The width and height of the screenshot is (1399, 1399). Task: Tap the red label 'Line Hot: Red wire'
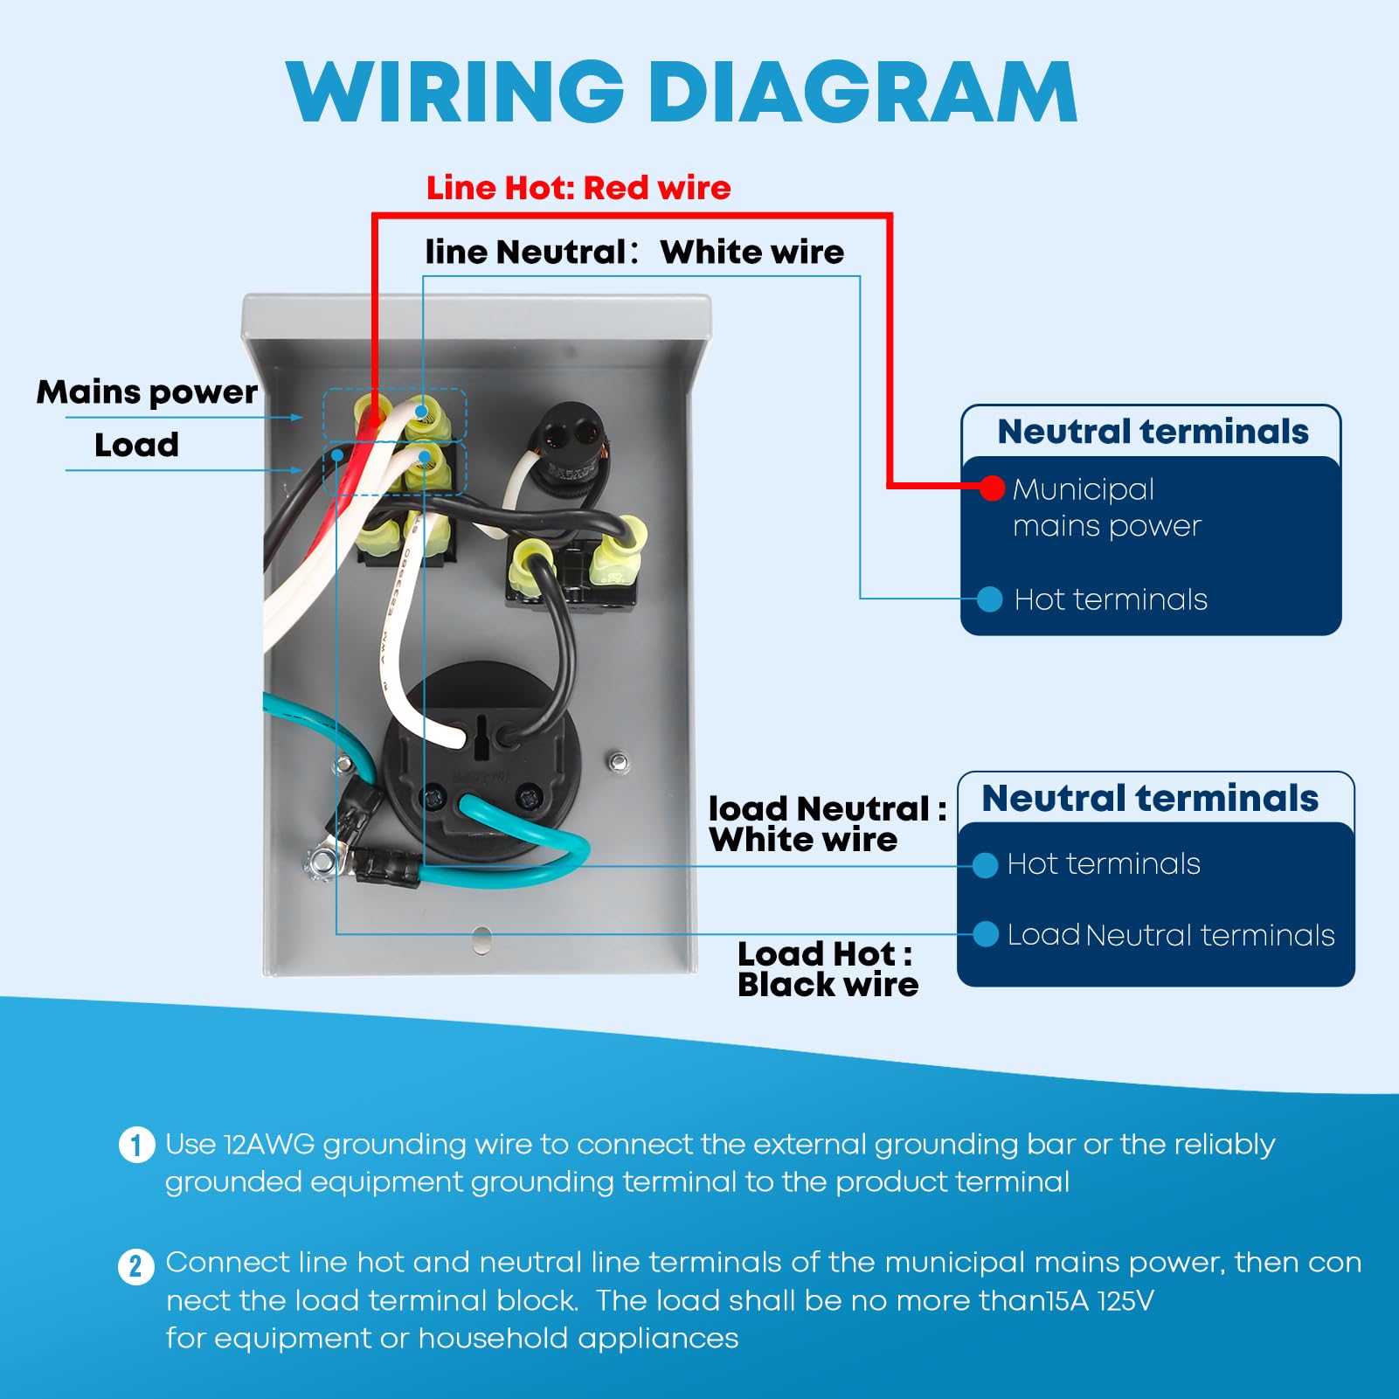click(x=578, y=188)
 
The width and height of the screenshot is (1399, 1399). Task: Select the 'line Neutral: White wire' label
click(x=634, y=252)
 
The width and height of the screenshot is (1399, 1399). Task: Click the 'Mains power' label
click(x=147, y=391)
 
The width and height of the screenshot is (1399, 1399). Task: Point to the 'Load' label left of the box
click(x=136, y=445)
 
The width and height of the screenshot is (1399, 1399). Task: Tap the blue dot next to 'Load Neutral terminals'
click(x=986, y=934)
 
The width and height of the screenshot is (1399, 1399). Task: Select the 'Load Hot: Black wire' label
click(x=827, y=968)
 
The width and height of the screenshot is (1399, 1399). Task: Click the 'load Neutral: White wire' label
click(x=826, y=823)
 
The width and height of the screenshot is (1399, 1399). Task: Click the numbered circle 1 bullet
click(x=136, y=1145)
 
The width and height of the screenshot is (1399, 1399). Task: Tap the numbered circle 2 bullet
click(x=136, y=1265)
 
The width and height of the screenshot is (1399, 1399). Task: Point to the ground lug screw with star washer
click(x=322, y=862)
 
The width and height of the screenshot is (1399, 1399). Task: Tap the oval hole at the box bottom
click(x=481, y=940)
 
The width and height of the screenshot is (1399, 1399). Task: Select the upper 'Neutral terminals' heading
click(x=1153, y=431)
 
